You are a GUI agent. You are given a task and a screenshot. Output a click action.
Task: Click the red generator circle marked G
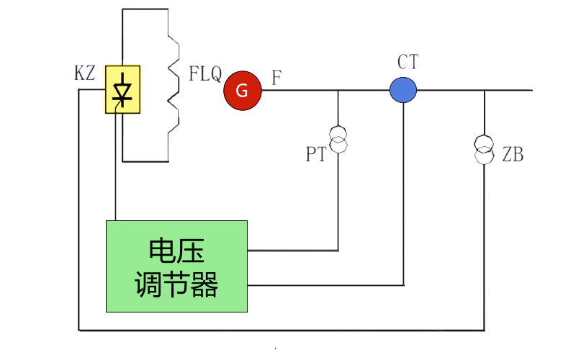(x=242, y=91)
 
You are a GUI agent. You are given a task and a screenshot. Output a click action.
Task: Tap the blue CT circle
(x=403, y=89)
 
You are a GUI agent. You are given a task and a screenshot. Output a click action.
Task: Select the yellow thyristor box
(x=122, y=90)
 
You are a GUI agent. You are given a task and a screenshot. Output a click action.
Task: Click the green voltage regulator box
(x=176, y=266)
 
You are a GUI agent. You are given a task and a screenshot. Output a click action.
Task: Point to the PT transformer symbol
(x=338, y=139)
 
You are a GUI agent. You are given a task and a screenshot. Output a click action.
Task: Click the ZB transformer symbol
(x=485, y=148)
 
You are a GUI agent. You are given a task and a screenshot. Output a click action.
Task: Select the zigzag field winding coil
(x=173, y=86)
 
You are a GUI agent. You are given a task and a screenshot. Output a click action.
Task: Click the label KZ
(x=84, y=73)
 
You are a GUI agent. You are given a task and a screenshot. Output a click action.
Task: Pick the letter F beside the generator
(x=276, y=77)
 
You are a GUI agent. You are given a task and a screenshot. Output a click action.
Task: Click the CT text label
(x=408, y=63)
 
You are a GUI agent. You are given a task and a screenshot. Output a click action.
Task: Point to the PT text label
(x=316, y=155)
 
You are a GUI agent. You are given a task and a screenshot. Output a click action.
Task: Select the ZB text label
(x=512, y=155)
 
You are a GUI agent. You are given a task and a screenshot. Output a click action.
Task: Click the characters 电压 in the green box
(x=176, y=251)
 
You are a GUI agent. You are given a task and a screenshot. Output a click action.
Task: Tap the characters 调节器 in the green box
(x=176, y=284)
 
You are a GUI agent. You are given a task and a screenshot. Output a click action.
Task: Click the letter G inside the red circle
(x=242, y=91)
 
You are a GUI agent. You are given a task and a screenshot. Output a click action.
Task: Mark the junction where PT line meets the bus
(x=338, y=91)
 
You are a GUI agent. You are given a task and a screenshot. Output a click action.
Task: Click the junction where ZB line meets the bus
(x=485, y=91)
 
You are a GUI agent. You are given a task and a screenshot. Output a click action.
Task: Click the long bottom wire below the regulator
(x=281, y=330)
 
